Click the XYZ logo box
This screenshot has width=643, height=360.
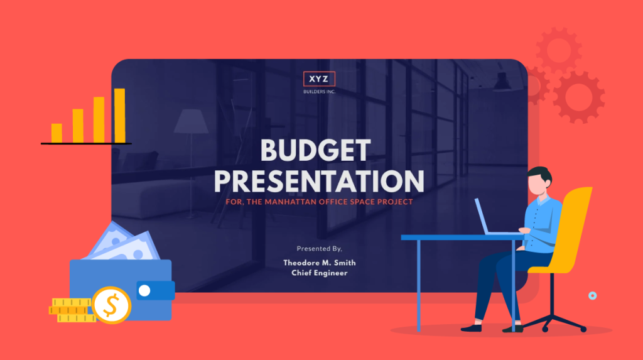click(x=320, y=79)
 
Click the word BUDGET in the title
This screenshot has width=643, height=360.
click(x=315, y=150)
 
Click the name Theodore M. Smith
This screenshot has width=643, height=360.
click(x=319, y=263)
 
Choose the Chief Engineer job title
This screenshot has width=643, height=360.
click(x=319, y=273)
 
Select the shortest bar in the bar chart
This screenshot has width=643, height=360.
click(x=57, y=133)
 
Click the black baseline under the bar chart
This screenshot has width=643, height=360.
click(x=86, y=144)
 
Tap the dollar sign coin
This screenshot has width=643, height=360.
click(x=111, y=305)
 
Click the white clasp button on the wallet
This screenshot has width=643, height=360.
click(x=144, y=290)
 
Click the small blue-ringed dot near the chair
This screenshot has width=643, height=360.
click(x=592, y=295)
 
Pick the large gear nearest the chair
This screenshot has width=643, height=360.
click(x=578, y=96)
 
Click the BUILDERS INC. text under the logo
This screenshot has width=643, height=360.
click(x=320, y=92)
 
